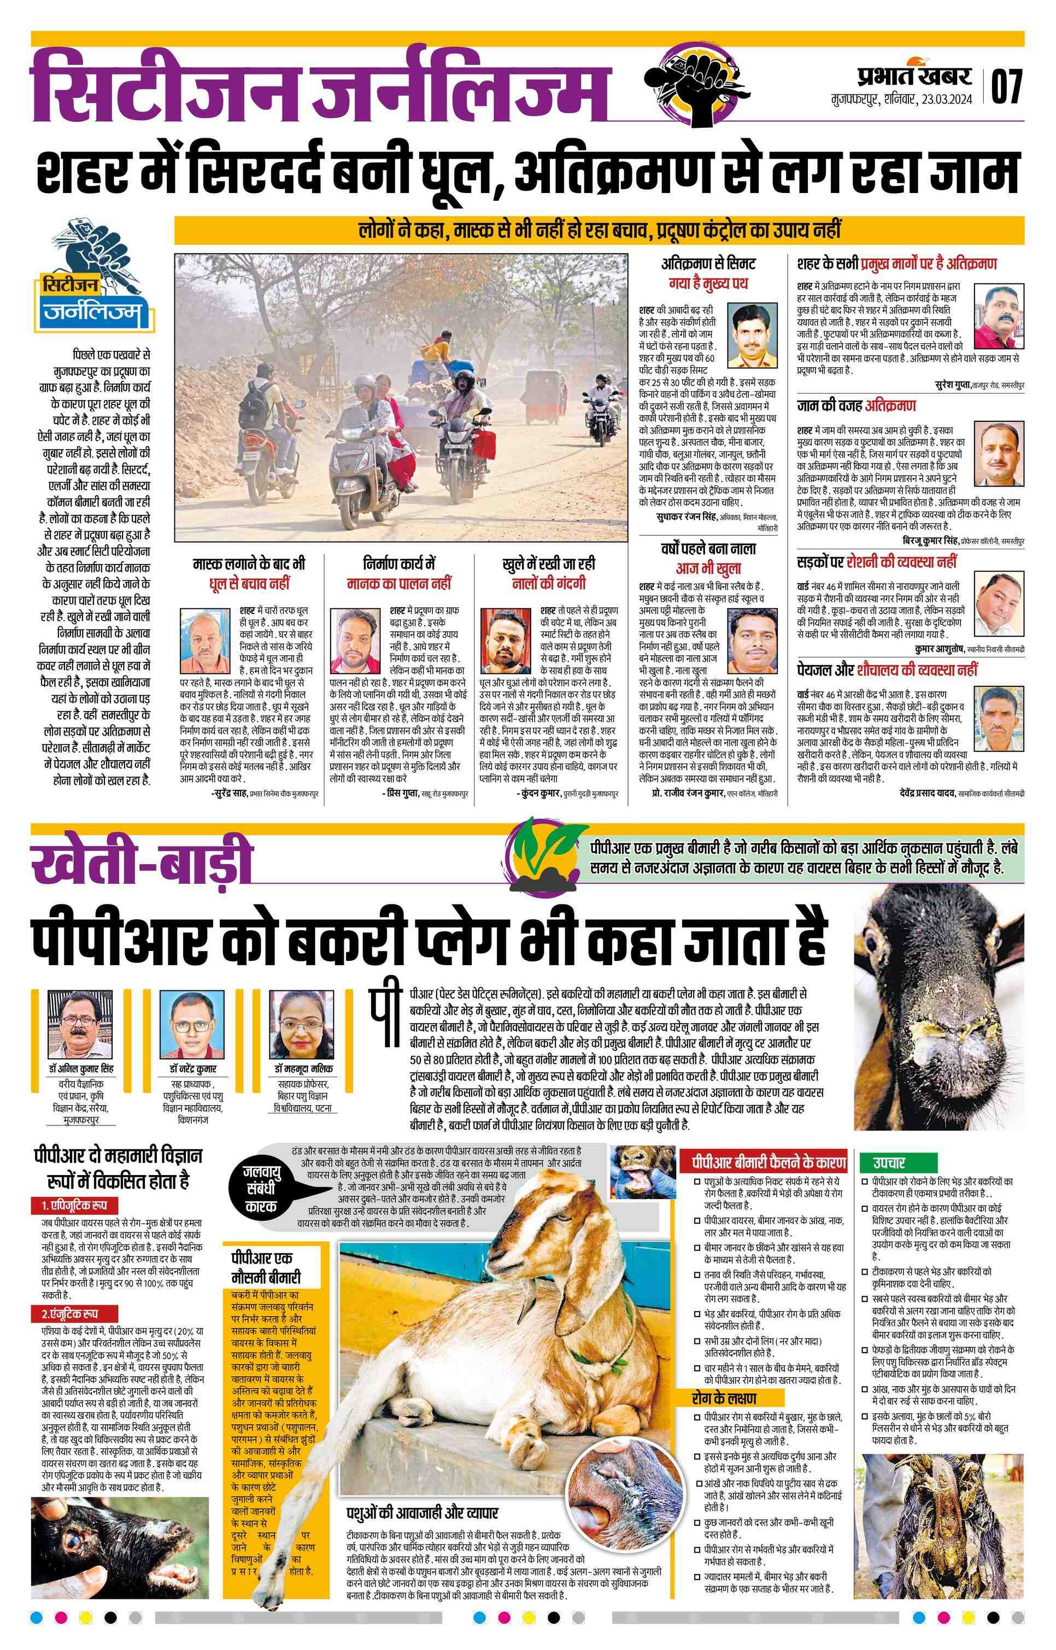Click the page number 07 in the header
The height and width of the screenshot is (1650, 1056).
pos(1006,86)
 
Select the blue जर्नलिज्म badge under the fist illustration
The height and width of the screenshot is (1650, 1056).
pos(95,315)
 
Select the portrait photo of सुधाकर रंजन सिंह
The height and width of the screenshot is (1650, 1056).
pos(752,337)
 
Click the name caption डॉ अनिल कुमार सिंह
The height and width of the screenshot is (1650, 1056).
pos(80,1070)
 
